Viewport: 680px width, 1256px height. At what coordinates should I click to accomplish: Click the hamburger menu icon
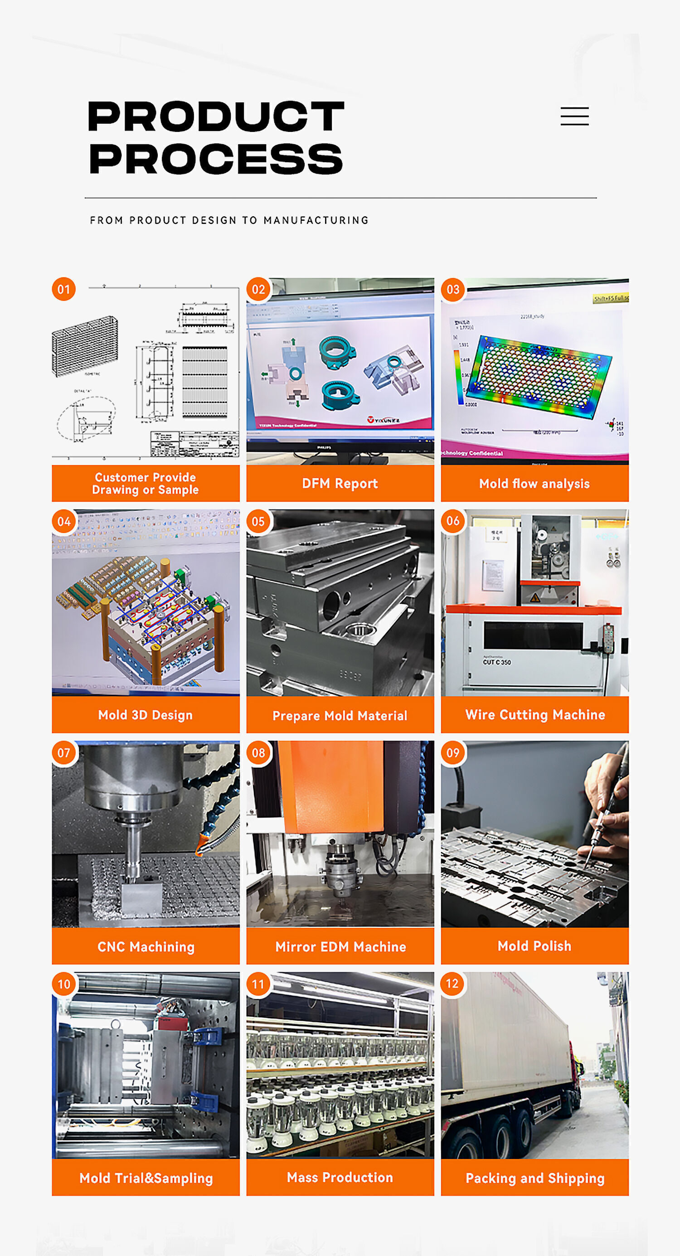[x=574, y=116]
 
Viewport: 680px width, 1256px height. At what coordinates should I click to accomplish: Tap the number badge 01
[x=64, y=289]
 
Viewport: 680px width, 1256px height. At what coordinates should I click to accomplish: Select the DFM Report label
[x=340, y=483]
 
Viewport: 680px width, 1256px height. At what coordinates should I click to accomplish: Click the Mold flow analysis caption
[x=534, y=483]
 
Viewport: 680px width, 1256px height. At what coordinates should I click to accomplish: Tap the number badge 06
[x=453, y=521]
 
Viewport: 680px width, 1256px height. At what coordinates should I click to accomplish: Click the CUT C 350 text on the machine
[x=496, y=662]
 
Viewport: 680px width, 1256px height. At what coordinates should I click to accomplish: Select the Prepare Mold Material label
[x=340, y=715]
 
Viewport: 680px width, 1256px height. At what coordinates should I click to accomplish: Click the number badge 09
[x=453, y=752]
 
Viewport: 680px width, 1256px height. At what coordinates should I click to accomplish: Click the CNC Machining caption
[x=146, y=946]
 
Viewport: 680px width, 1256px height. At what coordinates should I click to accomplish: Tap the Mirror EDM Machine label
[x=340, y=946]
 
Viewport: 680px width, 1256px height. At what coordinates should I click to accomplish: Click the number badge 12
[x=453, y=984]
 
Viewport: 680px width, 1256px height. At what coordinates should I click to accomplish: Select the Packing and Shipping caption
[x=534, y=1178]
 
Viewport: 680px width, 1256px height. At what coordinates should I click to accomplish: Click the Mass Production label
[x=340, y=1177]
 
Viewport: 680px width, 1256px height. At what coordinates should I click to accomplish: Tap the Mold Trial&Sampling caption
[x=146, y=1178]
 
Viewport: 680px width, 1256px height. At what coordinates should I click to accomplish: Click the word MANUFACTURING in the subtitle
[x=316, y=220]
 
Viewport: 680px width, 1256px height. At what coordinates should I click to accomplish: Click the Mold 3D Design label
[x=146, y=715]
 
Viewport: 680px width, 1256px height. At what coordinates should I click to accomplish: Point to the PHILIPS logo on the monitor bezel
[x=324, y=446]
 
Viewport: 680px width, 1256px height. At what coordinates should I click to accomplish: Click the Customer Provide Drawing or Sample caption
[x=146, y=483]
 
